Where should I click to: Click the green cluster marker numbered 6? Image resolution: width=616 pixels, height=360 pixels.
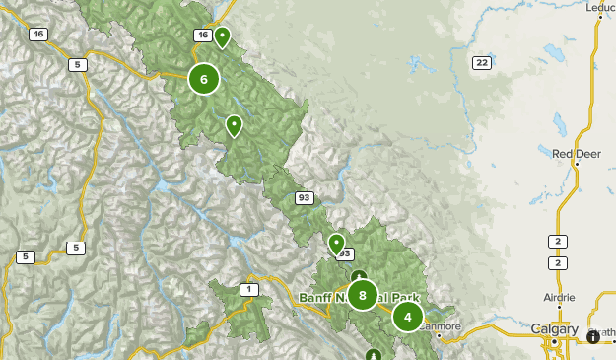[x=203, y=79]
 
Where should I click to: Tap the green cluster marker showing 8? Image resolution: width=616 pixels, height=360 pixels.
[x=363, y=295]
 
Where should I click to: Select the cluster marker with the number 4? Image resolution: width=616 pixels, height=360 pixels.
[x=408, y=317]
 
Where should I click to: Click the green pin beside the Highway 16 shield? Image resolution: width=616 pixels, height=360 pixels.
[x=223, y=37]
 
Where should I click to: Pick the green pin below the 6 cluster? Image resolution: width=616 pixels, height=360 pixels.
[x=234, y=125]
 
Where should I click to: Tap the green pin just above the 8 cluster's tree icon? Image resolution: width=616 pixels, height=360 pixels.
[x=336, y=243]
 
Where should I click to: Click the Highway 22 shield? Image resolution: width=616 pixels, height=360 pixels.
[x=481, y=63]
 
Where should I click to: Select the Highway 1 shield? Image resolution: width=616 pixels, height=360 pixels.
[x=249, y=289]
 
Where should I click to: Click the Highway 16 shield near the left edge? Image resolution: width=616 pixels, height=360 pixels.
[x=37, y=35]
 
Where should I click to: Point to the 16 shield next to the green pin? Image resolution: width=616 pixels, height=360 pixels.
[x=202, y=36]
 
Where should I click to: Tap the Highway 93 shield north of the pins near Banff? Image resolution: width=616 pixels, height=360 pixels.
[x=304, y=198]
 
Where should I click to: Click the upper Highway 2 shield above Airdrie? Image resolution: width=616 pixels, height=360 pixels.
[x=559, y=242]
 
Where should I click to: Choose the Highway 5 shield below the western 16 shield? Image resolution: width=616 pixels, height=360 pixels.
[x=77, y=65]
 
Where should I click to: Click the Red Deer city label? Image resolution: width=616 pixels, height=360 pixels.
[x=575, y=153]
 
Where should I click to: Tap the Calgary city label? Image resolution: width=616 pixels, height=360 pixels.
[x=555, y=328]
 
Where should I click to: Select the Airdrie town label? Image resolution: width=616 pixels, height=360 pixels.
[x=560, y=296]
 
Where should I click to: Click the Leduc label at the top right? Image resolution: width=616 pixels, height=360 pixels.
[x=599, y=8]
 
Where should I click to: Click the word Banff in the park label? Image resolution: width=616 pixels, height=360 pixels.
[x=317, y=297]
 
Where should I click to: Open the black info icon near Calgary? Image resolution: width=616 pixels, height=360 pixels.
[x=592, y=336]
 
